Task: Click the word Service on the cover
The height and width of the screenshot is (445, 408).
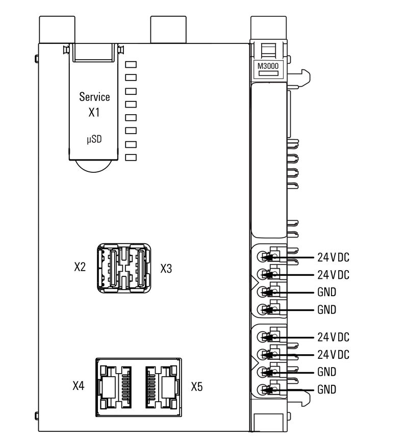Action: coord(94,97)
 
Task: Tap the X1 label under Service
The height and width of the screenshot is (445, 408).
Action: coord(94,113)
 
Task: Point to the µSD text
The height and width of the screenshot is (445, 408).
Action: coord(94,139)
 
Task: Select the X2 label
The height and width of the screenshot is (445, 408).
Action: coord(80,268)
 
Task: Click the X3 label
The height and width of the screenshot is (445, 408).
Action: coord(167,269)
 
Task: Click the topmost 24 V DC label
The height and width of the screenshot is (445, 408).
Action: coord(333,257)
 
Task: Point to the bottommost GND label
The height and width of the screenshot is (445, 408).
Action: coord(327,389)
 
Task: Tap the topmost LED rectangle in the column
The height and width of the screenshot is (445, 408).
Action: coord(132,65)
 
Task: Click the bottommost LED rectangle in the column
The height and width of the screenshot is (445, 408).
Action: coord(132,157)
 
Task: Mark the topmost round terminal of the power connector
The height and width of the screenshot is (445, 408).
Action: coord(262,257)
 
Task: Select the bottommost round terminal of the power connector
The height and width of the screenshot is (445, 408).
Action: coord(262,390)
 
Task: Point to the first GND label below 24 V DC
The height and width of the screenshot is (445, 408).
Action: coord(327,292)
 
